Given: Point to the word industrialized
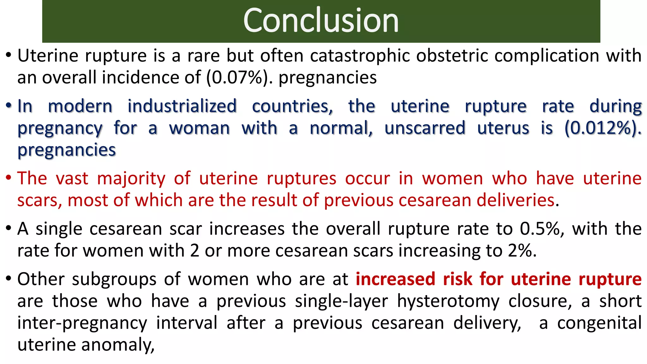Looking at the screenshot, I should tap(182, 106).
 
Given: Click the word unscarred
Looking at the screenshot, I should tap(425, 128).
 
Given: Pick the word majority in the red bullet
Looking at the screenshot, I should tap(131, 179).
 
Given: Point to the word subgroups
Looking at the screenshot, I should tap(114, 279).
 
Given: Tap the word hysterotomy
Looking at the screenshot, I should tap(448, 301).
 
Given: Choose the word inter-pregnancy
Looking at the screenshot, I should tap(82, 323).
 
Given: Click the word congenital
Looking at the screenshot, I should tap(599, 323).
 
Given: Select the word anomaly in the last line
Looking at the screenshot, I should tap(118, 345).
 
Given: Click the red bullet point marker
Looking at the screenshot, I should tap(9, 179).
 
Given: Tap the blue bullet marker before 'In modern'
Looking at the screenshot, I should tap(9, 106).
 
